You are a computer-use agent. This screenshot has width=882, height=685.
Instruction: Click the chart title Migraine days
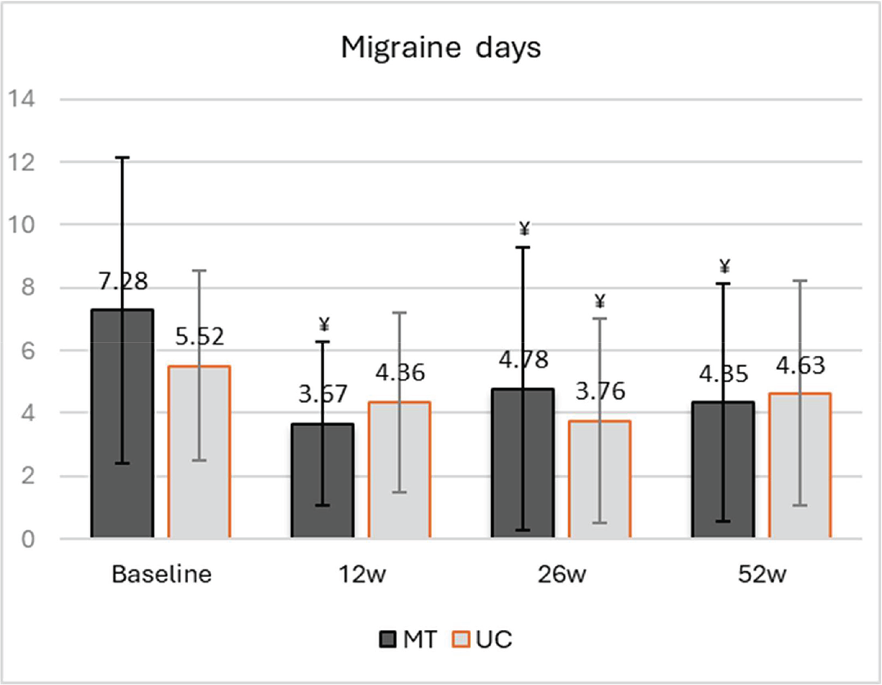point(440,49)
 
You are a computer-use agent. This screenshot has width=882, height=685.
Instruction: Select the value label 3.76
point(599,391)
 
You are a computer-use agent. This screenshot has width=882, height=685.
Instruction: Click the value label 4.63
point(800,365)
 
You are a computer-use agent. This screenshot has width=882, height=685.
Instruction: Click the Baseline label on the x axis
point(161,574)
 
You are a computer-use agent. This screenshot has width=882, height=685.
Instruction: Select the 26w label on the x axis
point(561,574)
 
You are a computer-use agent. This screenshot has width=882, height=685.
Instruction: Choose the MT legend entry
point(409,639)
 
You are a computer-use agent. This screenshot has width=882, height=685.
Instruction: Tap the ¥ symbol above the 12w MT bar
point(323,323)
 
